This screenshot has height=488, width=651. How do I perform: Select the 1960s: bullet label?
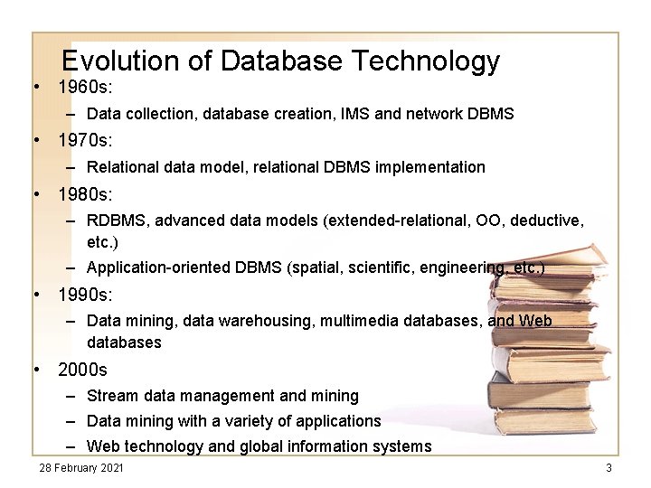83,89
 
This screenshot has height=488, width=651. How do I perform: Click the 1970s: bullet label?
83,141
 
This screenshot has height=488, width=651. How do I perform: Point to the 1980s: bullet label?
83,193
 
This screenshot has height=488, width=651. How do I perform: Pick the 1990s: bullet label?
83,295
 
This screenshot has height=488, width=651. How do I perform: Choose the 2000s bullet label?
82,370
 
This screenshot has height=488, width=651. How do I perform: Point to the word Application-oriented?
158,268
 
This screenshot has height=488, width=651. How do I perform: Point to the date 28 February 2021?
81,467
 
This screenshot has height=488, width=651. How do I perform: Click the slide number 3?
609,467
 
